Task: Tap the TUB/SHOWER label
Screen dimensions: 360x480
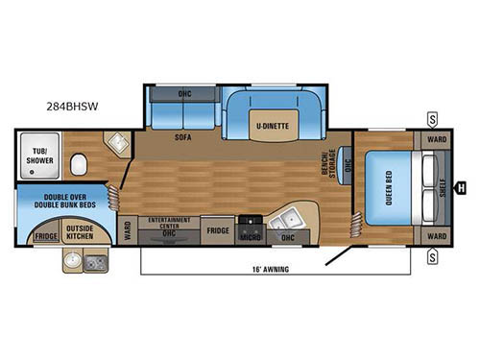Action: [37, 156]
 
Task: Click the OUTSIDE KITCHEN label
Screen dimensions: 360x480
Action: [80, 231]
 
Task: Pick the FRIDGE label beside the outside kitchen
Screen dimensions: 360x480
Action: [45, 236]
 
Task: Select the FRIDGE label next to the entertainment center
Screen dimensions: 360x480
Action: [217, 230]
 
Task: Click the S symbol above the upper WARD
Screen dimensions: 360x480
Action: [433, 119]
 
